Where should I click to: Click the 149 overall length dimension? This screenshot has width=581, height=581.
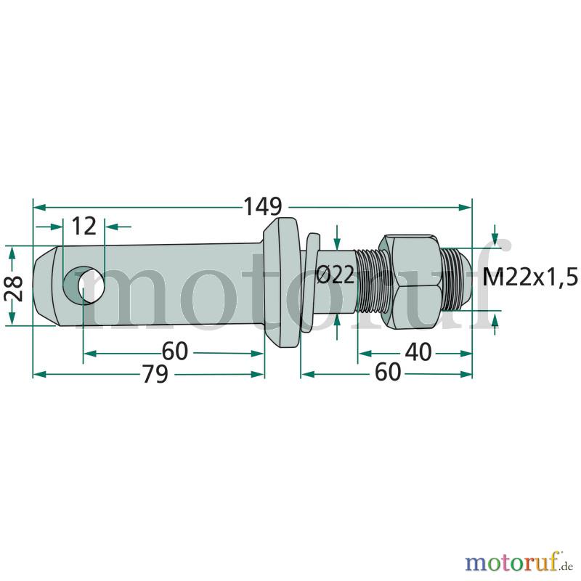point(262,206)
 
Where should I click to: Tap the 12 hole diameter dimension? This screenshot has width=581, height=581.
point(84,226)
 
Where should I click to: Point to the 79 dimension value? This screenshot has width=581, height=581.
point(155,373)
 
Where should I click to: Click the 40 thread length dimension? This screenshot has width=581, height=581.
point(418,352)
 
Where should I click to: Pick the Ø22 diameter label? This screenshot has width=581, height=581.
point(336,276)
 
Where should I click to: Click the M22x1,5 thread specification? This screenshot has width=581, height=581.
point(530,277)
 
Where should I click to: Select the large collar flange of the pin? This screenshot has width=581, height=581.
point(282,282)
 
